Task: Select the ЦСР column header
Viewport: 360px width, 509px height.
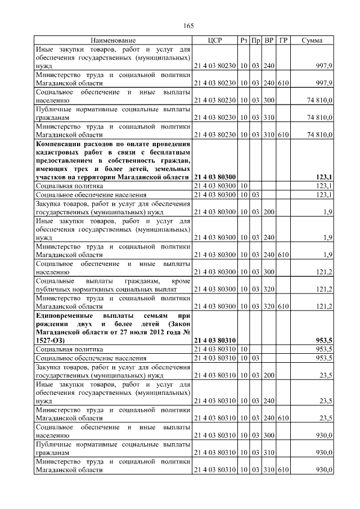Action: (x=215, y=41)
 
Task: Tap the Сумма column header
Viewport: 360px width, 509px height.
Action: (x=312, y=41)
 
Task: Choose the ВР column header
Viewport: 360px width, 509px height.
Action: (x=269, y=41)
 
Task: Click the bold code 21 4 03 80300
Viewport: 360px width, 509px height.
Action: (x=214, y=177)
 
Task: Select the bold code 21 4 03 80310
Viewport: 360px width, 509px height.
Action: (x=214, y=341)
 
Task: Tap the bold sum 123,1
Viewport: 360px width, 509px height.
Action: (x=325, y=177)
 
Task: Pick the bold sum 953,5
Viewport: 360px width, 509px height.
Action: (x=325, y=341)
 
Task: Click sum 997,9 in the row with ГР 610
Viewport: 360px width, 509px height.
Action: (x=325, y=83)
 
